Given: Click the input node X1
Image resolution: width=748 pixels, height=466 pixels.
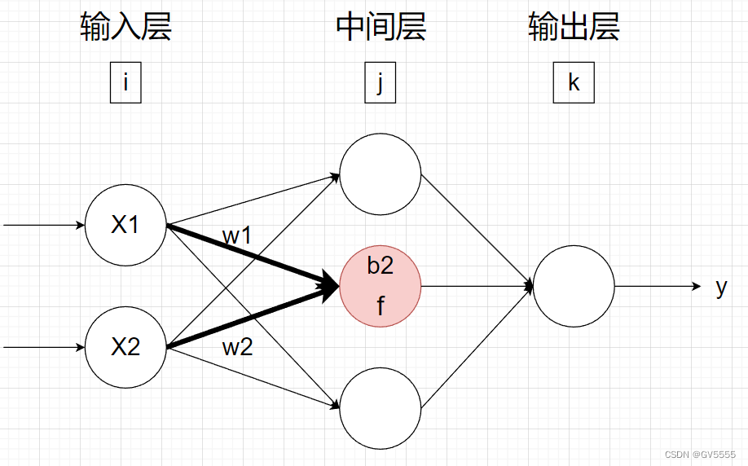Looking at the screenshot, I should pos(125,225).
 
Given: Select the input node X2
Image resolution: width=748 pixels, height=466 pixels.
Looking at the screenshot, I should pos(125,347).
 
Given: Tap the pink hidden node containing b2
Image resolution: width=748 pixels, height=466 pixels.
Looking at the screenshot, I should pos(381,286).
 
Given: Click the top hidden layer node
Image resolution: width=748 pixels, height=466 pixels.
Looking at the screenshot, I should pos(381,174).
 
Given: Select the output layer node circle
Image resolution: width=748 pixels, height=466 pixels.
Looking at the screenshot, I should pos(574,286).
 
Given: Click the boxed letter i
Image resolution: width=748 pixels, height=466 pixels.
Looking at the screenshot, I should pos(125,84).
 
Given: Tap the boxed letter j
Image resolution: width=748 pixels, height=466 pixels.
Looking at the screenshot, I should pos(380,84).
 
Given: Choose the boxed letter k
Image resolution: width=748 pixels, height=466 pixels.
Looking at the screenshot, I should pos(574,84).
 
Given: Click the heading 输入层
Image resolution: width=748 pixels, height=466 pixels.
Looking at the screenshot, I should pos(126,28).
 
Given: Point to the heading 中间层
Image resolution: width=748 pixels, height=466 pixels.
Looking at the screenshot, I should pos(381,28).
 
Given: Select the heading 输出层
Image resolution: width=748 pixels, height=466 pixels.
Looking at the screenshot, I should pos(574,28).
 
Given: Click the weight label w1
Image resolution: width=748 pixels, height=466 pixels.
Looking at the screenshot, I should pos(237,237).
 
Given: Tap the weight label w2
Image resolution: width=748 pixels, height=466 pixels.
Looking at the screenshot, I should pos(237,348).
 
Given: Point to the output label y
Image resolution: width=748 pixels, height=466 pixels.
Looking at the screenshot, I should pos(721,288).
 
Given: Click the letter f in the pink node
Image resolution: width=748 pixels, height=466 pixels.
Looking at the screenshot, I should pos(381,307).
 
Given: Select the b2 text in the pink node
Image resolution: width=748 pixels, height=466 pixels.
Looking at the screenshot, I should pos(381,266).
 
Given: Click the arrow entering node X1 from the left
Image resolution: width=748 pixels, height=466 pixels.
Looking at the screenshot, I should pos(45,225).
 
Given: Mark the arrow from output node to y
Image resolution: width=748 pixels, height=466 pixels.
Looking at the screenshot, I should pos(657,286).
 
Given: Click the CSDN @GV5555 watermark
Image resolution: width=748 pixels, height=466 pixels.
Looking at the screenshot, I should pos(700,454).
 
